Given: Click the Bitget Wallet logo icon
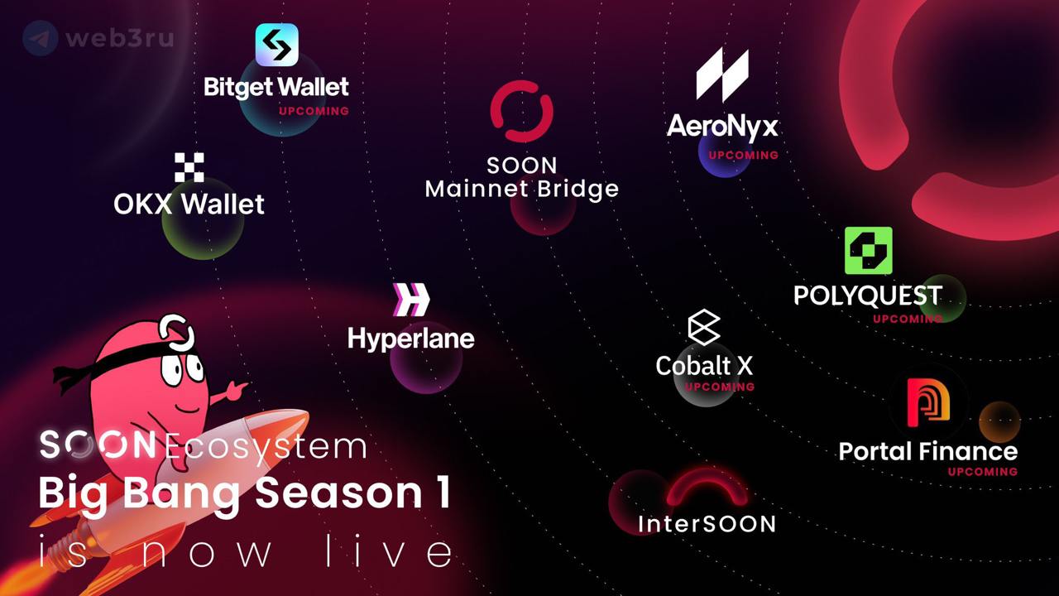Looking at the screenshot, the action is [x=276, y=45].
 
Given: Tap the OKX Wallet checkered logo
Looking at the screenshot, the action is [x=189, y=167].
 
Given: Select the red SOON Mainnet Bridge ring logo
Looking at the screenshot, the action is [x=521, y=111].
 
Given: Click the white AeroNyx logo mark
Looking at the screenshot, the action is [x=722, y=74].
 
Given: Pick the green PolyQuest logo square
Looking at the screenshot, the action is [x=869, y=250].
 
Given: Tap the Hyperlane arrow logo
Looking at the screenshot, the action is [x=411, y=300].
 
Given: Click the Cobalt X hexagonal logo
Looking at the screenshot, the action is [x=704, y=327].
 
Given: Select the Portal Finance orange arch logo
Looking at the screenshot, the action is [x=928, y=402].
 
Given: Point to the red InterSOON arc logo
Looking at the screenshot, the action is [x=707, y=488].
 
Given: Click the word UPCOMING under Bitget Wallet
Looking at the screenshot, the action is [x=314, y=111].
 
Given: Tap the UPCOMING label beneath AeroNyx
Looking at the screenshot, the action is [x=743, y=155].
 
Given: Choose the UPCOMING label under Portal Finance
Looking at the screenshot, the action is [x=983, y=472].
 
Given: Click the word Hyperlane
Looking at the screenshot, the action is [x=411, y=339].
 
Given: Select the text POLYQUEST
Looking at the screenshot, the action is [x=868, y=296].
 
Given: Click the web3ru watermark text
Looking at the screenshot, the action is [x=120, y=38].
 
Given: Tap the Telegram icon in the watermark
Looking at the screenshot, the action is [x=41, y=38].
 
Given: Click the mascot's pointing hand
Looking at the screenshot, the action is [x=234, y=391].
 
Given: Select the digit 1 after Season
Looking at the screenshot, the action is [x=443, y=493].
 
